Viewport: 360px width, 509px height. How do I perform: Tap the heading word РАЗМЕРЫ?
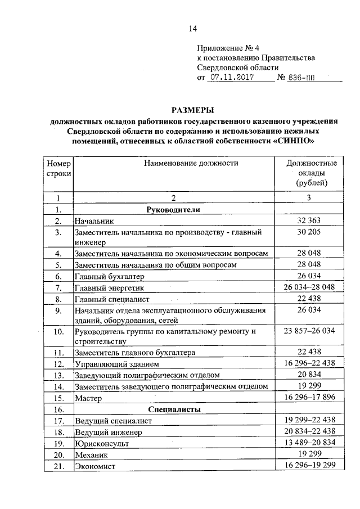click(193, 110)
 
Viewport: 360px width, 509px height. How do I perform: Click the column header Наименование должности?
click(191, 163)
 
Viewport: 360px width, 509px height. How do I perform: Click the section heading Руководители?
click(173, 210)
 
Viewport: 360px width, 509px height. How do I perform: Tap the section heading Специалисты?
click(174, 409)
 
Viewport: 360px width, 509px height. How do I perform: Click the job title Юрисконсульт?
click(101, 444)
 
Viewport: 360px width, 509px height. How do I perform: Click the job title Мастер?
click(87, 398)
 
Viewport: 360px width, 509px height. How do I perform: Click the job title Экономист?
click(94, 466)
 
